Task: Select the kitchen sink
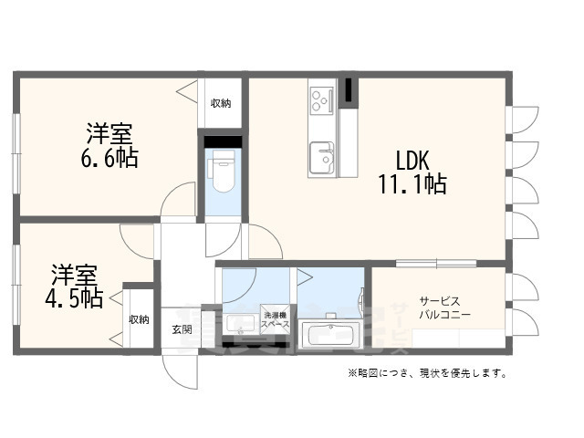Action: coord(321,158)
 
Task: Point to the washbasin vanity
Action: coord(242,324)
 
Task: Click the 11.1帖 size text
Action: coord(412,184)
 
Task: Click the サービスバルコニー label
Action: coord(444,308)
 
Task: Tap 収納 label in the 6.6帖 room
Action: coord(221,103)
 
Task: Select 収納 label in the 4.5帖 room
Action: coord(139,319)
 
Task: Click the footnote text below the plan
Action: coord(426,373)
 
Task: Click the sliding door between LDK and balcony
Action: coord(436,263)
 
